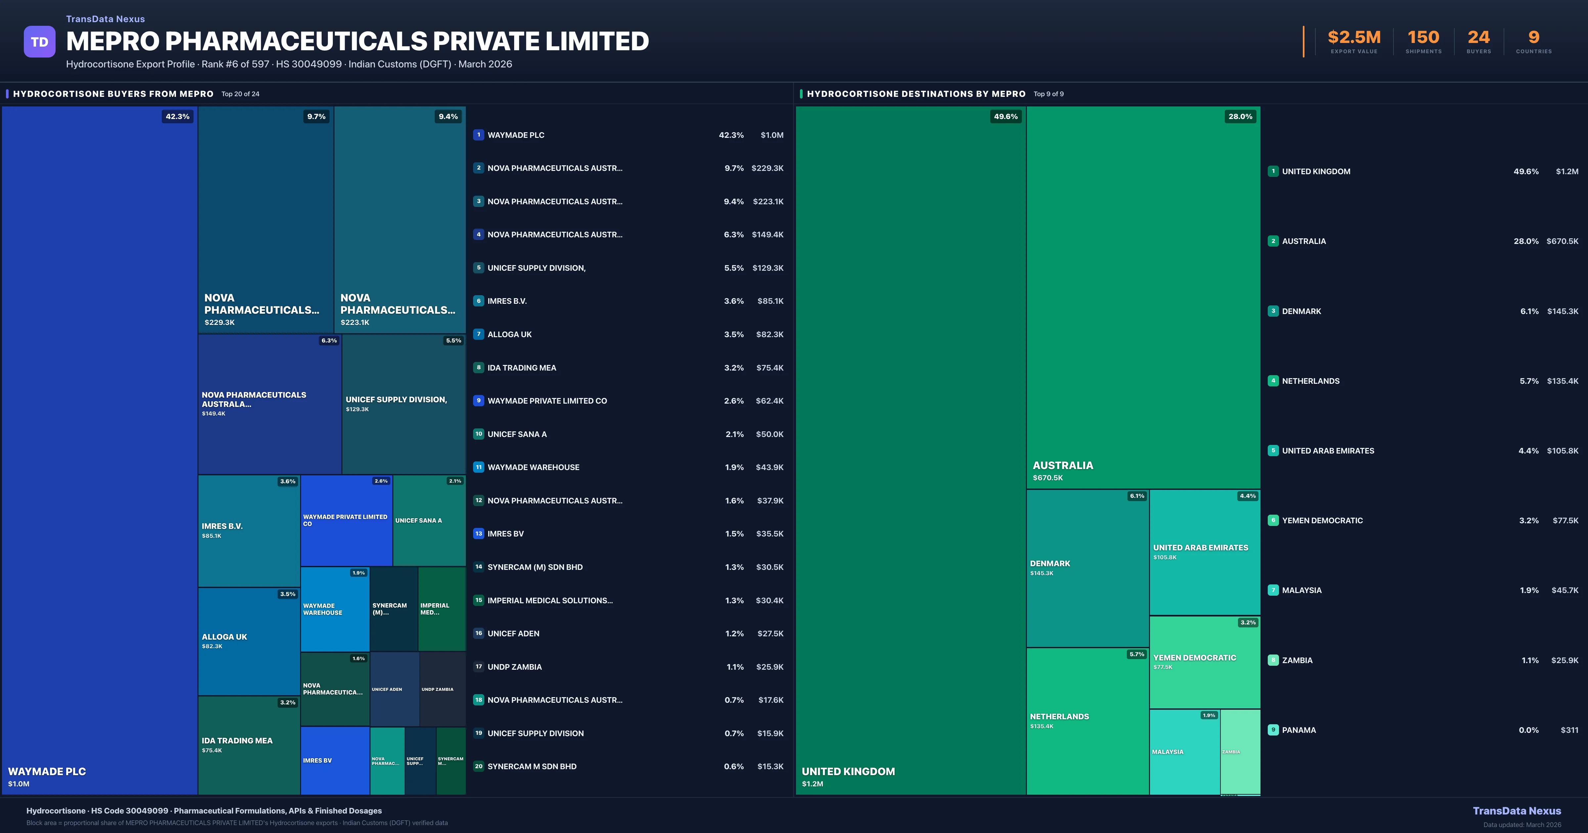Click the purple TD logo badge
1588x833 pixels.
pyautogui.click(x=39, y=42)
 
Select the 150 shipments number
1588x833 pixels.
pyautogui.click(x=1423, y=38)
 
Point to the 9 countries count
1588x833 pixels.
pyautogui.click(x=1534, y=38)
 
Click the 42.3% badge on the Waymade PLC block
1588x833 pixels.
pyautogui.click(x=178, y=116)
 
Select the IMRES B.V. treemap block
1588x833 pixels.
pyautogui.click(x=248, y=531)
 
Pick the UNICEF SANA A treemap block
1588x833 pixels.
pyautogui.click(x=429, y=521)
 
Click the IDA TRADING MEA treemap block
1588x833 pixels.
pyautogui.click(x=248, y=745)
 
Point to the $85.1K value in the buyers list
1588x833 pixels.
pyautogui.click(x=770, y=301)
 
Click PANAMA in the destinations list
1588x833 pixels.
pyautogui.click(x=1299, y=730)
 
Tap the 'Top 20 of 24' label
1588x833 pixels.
pyautogui.click(x=241, y=94)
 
